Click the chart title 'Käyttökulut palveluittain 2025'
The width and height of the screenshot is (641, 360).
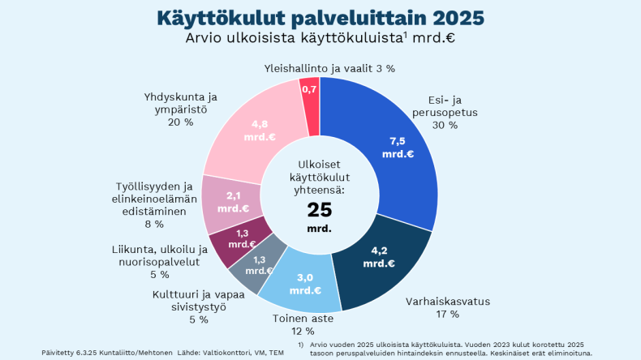(320, 17)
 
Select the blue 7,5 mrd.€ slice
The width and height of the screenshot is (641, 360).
(398, 146)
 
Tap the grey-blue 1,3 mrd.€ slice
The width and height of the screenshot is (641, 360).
(264, 264)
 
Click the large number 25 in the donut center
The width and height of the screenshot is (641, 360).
(320, 210)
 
